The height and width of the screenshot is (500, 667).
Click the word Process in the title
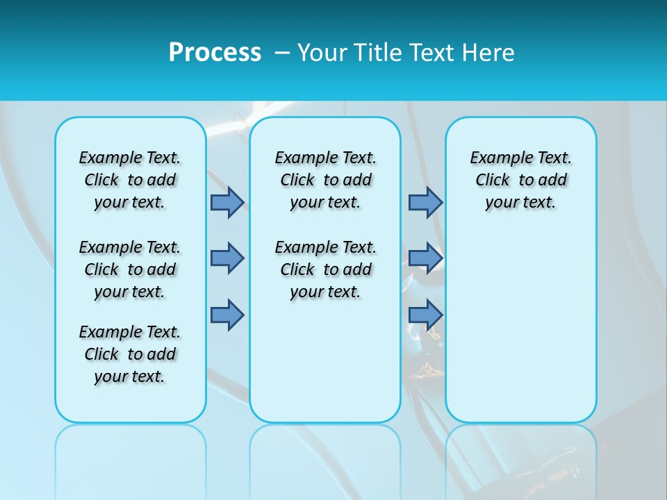pyautogui.click(x=215, y=53)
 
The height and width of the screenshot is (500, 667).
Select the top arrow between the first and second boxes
pyautogui.click(x=227, y=202)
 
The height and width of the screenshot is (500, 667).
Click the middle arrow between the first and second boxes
pyautogui.click(x=227, y=258)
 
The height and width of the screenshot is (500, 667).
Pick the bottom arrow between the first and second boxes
pyautogui.click(x=227, y=315)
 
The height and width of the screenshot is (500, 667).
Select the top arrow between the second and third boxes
pyautogui.click(x=425, y=202)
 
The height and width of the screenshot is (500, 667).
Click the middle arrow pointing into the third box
pyautogui.click(x=425, y=258)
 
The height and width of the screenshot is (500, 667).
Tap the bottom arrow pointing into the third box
pyautogui.click(x=425, y=315)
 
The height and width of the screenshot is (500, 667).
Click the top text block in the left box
pyautogui.click(x=130, y=180)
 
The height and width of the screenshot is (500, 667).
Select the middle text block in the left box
pyautogui.click(x=130, y=269)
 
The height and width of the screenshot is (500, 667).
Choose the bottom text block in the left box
pyautogui.click(x=130, y=354)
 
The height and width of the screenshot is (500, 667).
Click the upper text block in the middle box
pyautogui.click(x=325, y=180)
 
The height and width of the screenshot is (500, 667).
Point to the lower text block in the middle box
pyautogui.click(x=325, y=269)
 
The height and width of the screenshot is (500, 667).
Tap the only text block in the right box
pyautogui.click(x=520, y=180)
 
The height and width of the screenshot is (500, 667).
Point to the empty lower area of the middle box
pyautogui.click(x=325, y=361)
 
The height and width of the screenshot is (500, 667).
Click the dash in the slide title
pyautogui.click(x=282, y=53)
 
